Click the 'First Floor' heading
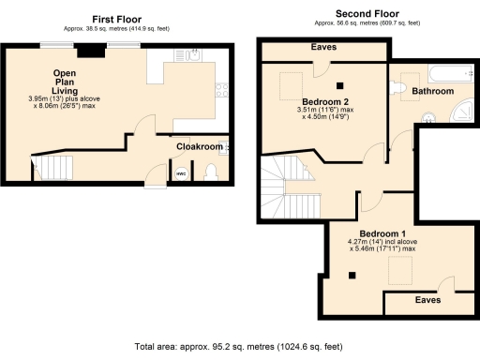pyautogui.click(x=115, y=18)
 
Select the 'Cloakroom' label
pyautogui.click(x=200, y=147)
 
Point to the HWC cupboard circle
pyautogui.click(x=181, y=172)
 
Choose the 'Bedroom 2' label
pyautogui.click(x=325, y=101)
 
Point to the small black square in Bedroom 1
pyautogui.click(x=352, y=275)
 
